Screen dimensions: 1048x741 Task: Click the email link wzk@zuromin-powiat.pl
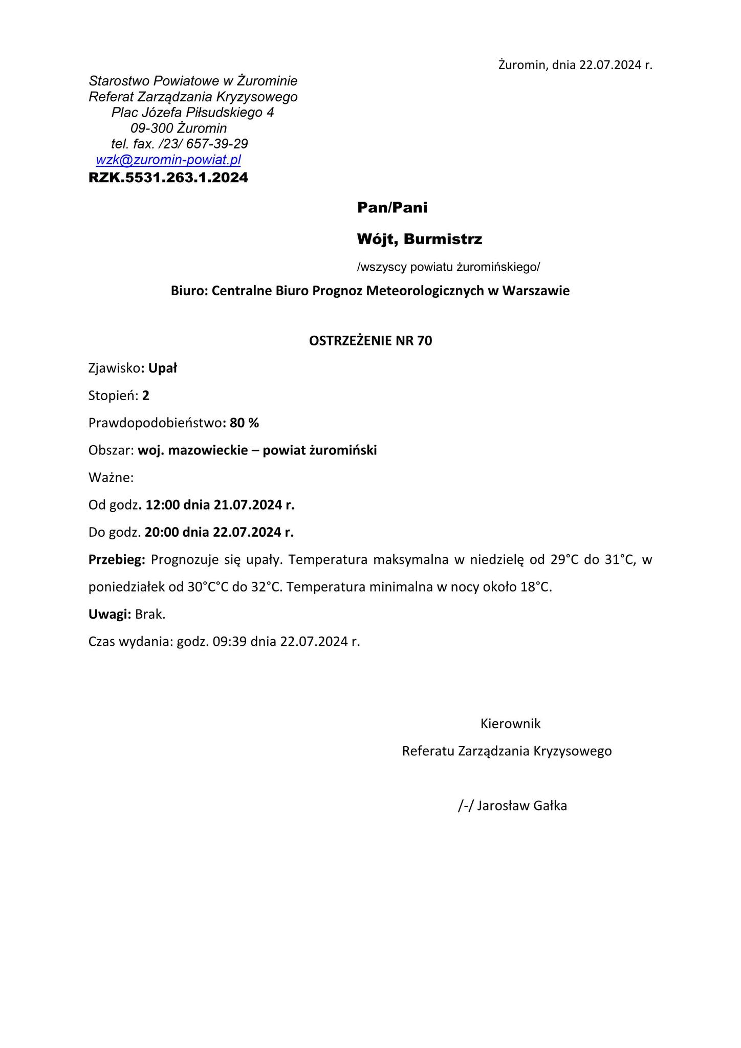pyautogui.click(x=168, y=160)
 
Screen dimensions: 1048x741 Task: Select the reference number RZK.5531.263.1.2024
pyautogui.click(x=168, y=178)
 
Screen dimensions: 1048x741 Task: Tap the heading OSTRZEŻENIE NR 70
pyautogui.click(x=370, y=341)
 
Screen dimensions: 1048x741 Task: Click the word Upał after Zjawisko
pyautogui.click(x=163, y=368)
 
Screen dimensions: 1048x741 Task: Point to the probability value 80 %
pyautogui.click(x=245, y=423)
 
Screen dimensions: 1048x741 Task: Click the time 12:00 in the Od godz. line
pyautogui.click(x=163, y=505)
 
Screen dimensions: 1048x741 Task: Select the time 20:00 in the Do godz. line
pyautogui.click(x=162, y=532)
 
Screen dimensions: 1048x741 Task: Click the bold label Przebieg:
pyautogui.click(x=117, y=560)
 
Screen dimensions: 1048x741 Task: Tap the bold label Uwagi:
pyautogui.click(x=110, y=615)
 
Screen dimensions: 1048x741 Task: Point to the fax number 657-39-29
pyautogui.click(x=217, y=144)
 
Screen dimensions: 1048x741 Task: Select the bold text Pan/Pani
pyautogui.click(x=392, y=208)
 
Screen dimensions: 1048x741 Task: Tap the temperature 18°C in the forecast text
pyautogui.click(x=536, y=587)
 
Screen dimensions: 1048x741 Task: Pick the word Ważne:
pyautogui.click(x=111, y=477)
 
